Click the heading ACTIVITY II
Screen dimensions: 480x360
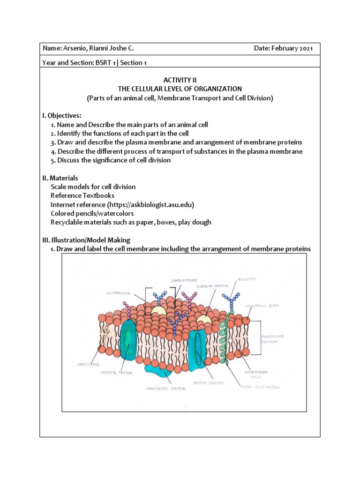[x=180, y=80]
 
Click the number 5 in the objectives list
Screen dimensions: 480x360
[x=53, y=160]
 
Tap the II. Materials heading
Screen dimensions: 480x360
[x=60, y=178]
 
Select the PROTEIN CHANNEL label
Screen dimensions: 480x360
[x=210, y=383]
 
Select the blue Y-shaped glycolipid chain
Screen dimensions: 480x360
[x=230, y=300]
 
